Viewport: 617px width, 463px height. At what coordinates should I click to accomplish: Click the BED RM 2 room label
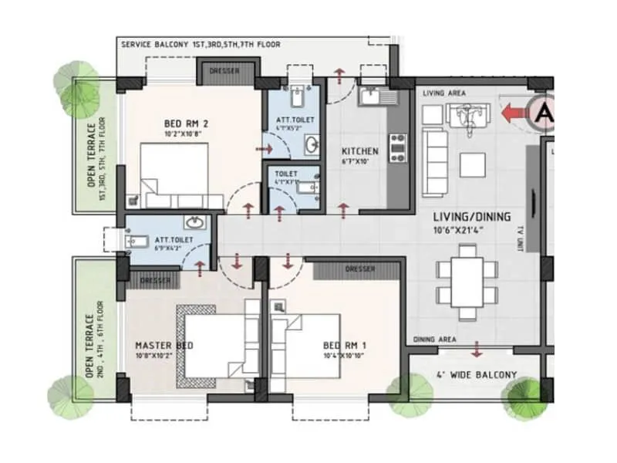click(x=184, y=123)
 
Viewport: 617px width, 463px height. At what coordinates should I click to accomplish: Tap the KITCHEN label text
click(x=359, y=151)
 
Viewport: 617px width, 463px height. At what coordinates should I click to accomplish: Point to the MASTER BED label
click(x=164, y=345)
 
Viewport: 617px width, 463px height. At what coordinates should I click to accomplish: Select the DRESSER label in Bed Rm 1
click(x=360, y=269)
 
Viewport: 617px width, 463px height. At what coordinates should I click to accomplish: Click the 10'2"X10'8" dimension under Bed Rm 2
click(x=184, y=133)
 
